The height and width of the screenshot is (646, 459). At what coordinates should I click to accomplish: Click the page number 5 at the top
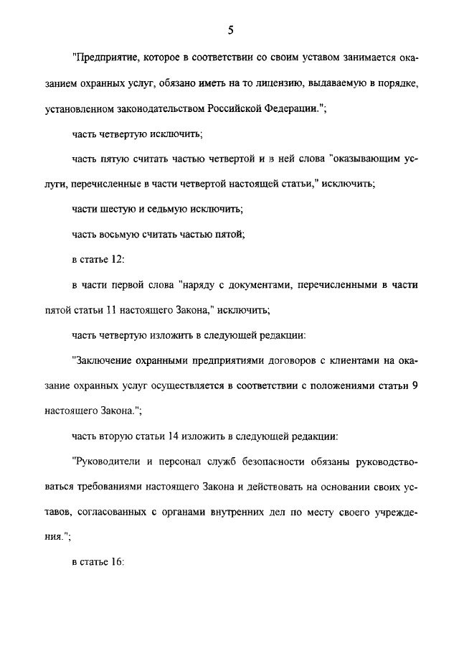click(x=230, y=30)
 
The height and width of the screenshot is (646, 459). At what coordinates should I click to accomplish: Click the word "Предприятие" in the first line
click(x=104, y=57)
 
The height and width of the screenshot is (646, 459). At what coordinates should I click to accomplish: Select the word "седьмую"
click(x=176, y=209)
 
